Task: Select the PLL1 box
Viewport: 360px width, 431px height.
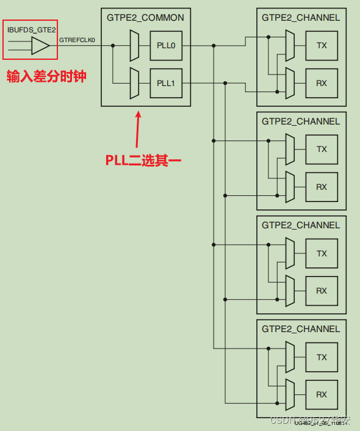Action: point(166,83)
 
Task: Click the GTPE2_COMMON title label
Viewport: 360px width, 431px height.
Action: point(145,18)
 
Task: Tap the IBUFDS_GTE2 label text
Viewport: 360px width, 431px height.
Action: point(30,29)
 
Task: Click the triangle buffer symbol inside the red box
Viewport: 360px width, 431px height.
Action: point(40,45)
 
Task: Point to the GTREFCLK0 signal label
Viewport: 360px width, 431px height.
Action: point(77,40)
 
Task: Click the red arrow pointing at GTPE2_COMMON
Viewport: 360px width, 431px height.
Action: point(139,128)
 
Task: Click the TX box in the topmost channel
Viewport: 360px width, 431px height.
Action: point(322,45)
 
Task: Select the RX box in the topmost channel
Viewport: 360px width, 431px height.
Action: point(322,83)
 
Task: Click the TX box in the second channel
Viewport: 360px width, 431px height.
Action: point(322,150)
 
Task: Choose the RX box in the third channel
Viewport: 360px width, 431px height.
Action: point(322,291)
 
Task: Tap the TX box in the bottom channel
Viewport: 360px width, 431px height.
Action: point(322,358)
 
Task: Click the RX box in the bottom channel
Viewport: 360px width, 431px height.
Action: point(322,395)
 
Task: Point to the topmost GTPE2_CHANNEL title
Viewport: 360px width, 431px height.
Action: point(301,18)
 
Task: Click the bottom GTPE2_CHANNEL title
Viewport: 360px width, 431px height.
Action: point(301,329)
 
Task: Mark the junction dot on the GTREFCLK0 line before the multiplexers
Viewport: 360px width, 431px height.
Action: point(112,45)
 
